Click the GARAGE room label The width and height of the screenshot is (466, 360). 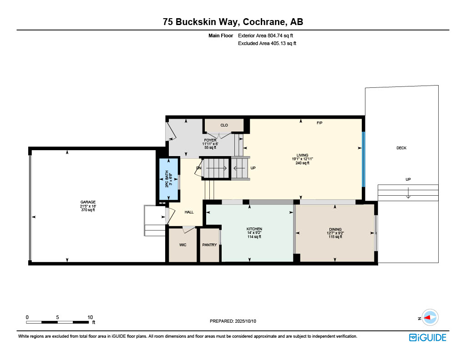point(88,202)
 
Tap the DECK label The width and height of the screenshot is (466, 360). point(401,148)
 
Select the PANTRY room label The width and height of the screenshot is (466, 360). point(209,245)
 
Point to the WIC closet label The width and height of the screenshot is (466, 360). point(183,245)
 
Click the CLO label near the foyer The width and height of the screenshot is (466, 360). point(224,126)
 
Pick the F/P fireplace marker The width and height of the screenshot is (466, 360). point(319,123)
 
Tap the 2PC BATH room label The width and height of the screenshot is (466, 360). point(167,179)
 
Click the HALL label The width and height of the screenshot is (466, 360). point(189,212)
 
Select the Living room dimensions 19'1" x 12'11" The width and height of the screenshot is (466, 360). point(302,159)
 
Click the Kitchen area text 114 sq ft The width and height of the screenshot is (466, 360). point(254,237)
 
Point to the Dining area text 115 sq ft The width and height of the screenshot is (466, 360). point(335,237)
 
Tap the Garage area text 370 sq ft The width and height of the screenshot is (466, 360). point(88,210)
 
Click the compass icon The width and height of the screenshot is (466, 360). point(430,318)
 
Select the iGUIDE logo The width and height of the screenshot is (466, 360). point(427,338)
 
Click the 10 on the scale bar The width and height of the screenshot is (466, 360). point(90,317)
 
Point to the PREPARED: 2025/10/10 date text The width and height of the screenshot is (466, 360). point(233,321)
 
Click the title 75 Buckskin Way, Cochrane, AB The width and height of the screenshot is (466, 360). point(233,22)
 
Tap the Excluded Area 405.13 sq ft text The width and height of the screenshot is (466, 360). point(267,43)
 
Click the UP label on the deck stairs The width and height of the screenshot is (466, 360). point(408,179)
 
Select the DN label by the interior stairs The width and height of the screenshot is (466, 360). point(199,168)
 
